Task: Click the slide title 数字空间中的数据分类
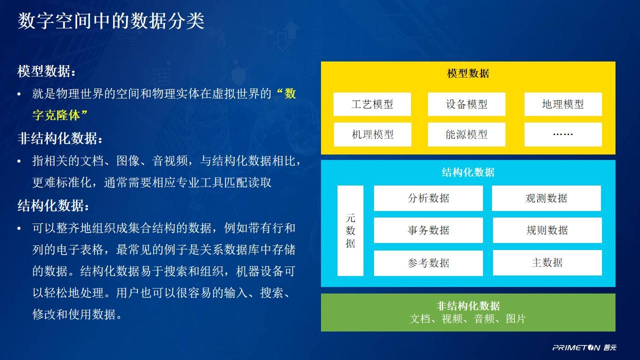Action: [x=111, y=21]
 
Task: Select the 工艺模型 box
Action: [x=372, y=104]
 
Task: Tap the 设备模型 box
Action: [x=466, y=104]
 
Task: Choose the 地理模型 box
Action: [x=563, y=104]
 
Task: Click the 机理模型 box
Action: [x=372, y=134]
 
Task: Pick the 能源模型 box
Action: [x=466, y=134]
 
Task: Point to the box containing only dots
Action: [x=563, y=134]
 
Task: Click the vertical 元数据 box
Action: [x=350, y=230]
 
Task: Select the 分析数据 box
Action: [x=428, y=198]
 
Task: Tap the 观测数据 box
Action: [x=546, y=198]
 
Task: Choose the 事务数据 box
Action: [x=428, y=230]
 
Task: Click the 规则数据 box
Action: [x=547, y=230]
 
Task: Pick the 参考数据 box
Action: [x=428, y=263]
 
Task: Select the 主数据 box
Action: [x=547, y=262]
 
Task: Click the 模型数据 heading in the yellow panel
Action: [x=468, y=73]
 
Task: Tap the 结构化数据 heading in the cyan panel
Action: [x=468, y=172]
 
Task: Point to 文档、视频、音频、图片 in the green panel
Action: [x=467, y=319]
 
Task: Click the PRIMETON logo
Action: [x=584, y=347]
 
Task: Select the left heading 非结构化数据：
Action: [x=60, y=138]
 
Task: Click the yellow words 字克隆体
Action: [x=56, y=115]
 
